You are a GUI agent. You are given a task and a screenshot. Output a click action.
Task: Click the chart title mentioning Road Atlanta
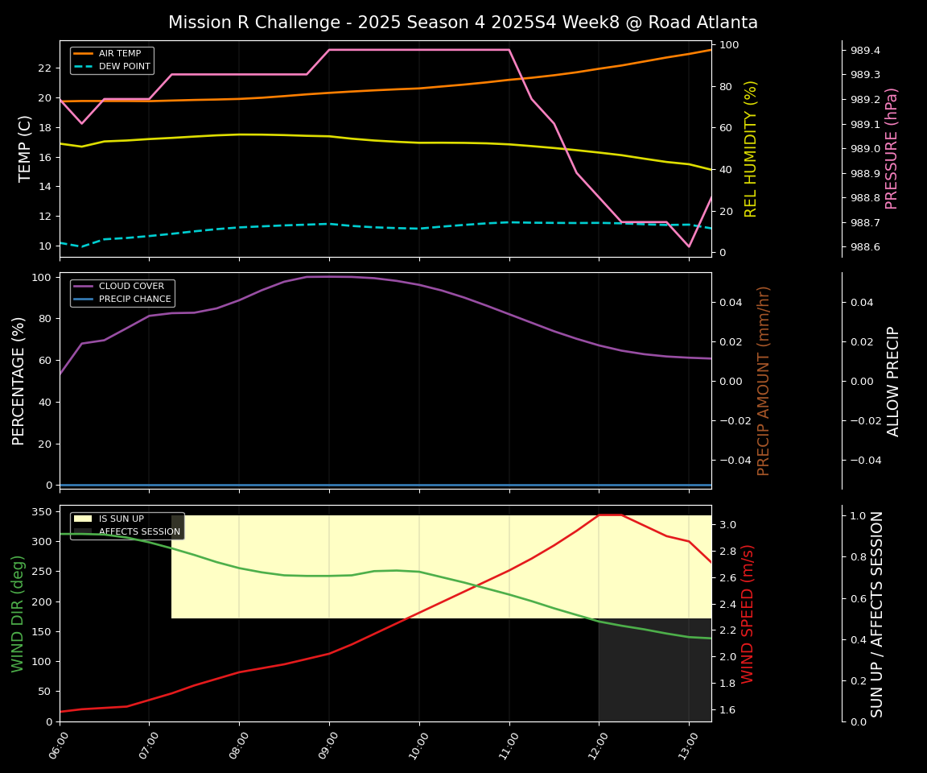[x=463, y=23]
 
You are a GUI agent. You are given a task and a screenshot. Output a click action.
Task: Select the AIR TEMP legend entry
[x=119, y=54]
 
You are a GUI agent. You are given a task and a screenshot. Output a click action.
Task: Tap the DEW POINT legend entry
[x=124, y=67]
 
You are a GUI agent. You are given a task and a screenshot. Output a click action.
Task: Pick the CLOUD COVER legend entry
[x=131, y=287]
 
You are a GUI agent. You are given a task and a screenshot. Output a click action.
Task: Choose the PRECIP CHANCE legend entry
[x=134, y=300]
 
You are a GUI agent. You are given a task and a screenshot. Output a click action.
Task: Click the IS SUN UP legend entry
[x=121, y=519]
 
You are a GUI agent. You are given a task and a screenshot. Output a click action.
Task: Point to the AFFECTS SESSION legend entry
[x=139, y=532]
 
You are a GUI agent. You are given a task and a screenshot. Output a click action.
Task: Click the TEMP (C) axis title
[x=25, y=148]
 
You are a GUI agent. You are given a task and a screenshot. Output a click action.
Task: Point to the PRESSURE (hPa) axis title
[x=892, y=148]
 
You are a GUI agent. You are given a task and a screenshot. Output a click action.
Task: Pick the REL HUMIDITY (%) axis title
[x=751, y=148]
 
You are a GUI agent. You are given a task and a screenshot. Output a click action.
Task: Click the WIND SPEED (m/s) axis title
[x=748, y=614]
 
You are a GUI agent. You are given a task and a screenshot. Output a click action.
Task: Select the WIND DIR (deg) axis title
[x=18, y=614]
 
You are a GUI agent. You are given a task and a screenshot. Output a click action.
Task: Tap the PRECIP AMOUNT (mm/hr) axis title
[x=764, y=380]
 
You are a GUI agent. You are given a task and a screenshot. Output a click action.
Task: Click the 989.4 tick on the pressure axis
[x=865, y=51]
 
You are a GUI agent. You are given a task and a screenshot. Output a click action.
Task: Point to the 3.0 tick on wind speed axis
[x=727, y=525]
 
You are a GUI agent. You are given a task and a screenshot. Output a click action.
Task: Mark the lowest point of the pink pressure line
[x=688, y=246]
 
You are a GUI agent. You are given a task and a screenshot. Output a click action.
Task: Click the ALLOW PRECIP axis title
[x=893, y=380]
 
